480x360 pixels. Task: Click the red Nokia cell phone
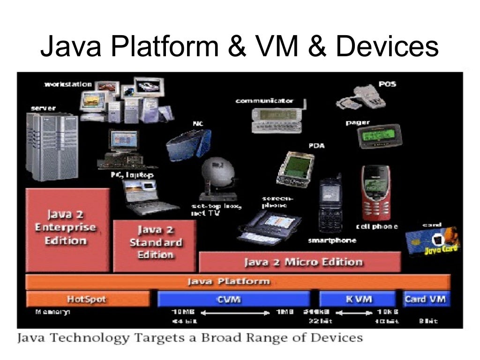tap(375, 193)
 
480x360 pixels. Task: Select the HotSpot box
tap(88, 299)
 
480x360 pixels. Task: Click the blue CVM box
tap(233, 299)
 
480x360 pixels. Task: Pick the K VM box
tap(357, 299)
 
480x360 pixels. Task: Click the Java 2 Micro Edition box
tap(300, 262)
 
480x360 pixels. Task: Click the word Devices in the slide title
tap(387, 47)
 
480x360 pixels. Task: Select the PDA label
tap(316, 146)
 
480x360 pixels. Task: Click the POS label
tap(387, 84)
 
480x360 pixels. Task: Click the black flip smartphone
tap(330, 204)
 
